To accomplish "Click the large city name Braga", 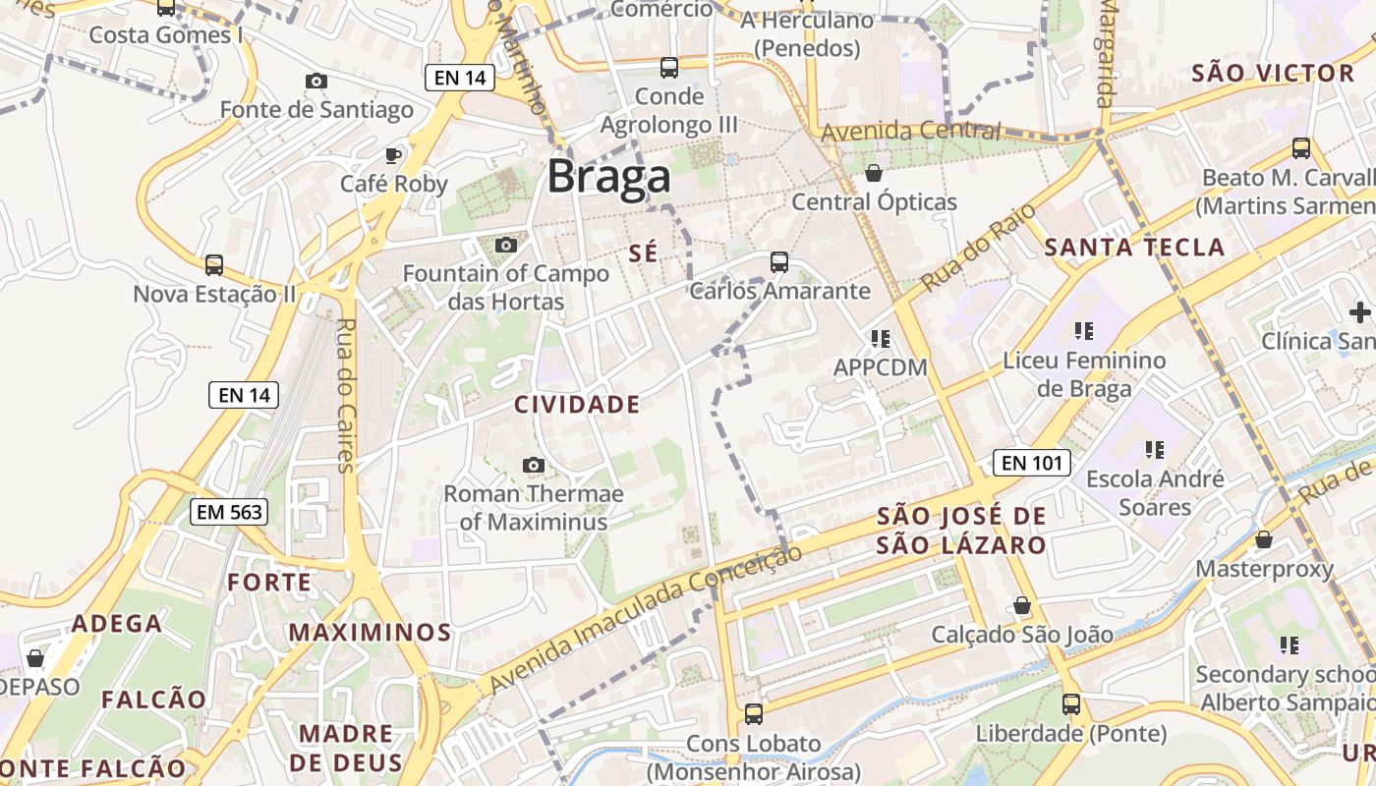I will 608,177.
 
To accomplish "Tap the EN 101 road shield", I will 1030,463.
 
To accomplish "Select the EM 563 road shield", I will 230,511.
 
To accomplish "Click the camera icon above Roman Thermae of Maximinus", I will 534,465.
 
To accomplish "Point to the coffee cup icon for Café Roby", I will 393,155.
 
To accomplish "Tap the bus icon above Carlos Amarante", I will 779,262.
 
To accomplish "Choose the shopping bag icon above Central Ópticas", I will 873,174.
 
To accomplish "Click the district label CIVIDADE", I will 577,405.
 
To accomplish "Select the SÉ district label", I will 642,253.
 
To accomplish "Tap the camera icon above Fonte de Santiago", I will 315,82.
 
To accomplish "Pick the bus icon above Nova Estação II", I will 213,265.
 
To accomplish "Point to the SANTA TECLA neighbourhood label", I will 1134,248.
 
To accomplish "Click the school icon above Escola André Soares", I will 1154,450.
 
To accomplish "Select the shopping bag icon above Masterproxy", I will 1264,539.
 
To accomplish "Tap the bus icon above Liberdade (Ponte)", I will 1070,704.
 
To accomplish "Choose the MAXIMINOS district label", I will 370,632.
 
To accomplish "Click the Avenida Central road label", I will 911,131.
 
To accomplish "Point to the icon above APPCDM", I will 880,339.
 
